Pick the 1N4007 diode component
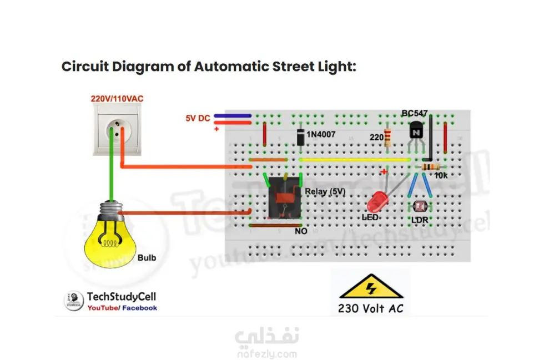tap(300, 136)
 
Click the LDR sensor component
tap(419, 207)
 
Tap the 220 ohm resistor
tap(387, 136)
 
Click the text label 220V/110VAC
tap(117, 99)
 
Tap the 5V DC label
tap(198, 118)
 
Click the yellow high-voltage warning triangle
tap(371, 288)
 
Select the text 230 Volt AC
tap(371, 308)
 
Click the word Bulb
tap(147, 257)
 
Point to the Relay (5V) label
tap(324, 191)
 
